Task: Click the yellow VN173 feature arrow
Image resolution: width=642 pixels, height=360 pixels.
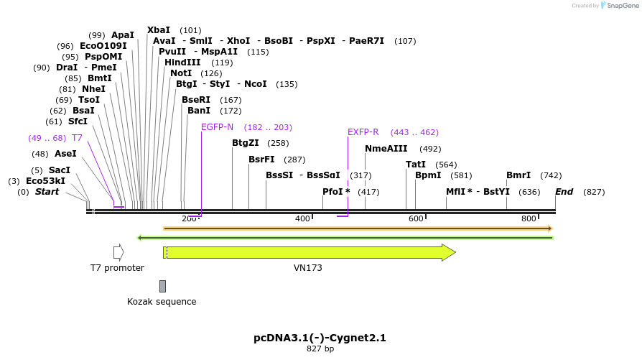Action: [x=309, y=252]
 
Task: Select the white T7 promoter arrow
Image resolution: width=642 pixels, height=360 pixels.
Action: [x=118, y=252]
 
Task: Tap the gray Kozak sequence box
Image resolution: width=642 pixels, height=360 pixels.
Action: [x=162, y=286]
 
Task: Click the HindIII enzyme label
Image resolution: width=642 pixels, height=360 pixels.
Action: [x=182, y=63]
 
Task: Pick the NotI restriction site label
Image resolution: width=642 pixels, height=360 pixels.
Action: [x=181, y=73]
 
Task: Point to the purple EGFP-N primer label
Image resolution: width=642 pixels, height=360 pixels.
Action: [x=217, y=127]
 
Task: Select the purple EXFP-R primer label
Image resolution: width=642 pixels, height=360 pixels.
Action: [x=363, y=132]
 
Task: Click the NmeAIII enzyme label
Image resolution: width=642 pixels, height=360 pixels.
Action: [x=386, y=149]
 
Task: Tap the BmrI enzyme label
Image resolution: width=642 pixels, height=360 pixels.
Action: [x=518, y=175]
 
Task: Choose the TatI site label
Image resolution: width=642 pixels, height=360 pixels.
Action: [x=416, y=165]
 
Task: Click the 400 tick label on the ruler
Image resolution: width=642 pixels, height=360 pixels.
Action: [x=302, y=218]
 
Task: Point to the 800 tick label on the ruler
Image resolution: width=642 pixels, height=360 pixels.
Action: [x=529, y=218]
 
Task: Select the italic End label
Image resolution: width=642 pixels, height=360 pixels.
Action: [x=564, y=192]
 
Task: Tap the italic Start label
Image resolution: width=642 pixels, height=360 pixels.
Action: [x=47, y=192]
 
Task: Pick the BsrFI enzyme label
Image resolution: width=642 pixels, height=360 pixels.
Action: [x=261, y=160]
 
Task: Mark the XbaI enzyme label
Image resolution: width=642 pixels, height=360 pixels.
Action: [x=159, y=30]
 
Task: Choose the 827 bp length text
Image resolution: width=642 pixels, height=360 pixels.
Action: [x=320, y=349]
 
